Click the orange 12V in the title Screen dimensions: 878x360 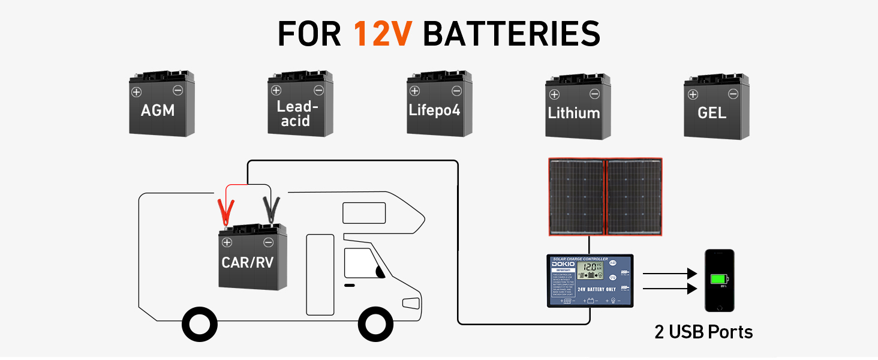click(383, 34)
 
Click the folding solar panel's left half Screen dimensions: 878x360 click(576, 197)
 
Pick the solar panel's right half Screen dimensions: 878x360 click(633, 197)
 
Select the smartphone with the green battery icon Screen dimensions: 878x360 click(719, 280)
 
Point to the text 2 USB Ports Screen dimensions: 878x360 click(703, 332)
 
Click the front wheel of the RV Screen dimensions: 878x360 click(375, 324)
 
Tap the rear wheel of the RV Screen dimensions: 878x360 click(200, 324)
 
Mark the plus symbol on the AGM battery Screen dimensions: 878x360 click(136, 92)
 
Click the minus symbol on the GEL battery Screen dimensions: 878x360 click(732, 94)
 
